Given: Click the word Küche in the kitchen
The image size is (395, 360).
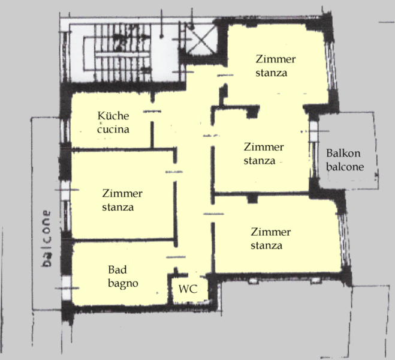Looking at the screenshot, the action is click(113, 116).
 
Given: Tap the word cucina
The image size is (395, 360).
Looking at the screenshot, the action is click(113, 130).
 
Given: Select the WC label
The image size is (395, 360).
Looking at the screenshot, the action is click(188, 289).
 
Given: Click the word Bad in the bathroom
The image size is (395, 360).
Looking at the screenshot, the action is click(117, 270).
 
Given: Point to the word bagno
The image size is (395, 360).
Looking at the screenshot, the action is click(123, 284).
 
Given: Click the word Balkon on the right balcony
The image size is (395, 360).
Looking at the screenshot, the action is click(343, 153).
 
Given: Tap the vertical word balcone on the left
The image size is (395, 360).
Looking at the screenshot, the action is click(46, 238).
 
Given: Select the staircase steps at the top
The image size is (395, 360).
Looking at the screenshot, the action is click(123, 53).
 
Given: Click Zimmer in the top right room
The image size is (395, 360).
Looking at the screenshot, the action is click(276, 59).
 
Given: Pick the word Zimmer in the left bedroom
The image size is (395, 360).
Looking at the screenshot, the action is click(122, 194).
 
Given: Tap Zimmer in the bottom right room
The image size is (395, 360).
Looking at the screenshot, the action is click(270, 232).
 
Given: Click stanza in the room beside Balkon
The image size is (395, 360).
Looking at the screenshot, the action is click(259, 161).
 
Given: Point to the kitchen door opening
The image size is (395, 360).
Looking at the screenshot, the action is click(152, 112).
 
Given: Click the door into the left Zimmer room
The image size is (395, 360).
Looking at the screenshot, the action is click(174, 172).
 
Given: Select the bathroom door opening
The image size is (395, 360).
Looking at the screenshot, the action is click(176, 257).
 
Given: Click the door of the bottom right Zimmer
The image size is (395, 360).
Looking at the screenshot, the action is click(213, 214).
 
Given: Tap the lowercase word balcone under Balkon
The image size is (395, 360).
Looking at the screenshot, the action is click(345, 167).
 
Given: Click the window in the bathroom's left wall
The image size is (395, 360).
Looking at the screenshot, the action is click(67, 288).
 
